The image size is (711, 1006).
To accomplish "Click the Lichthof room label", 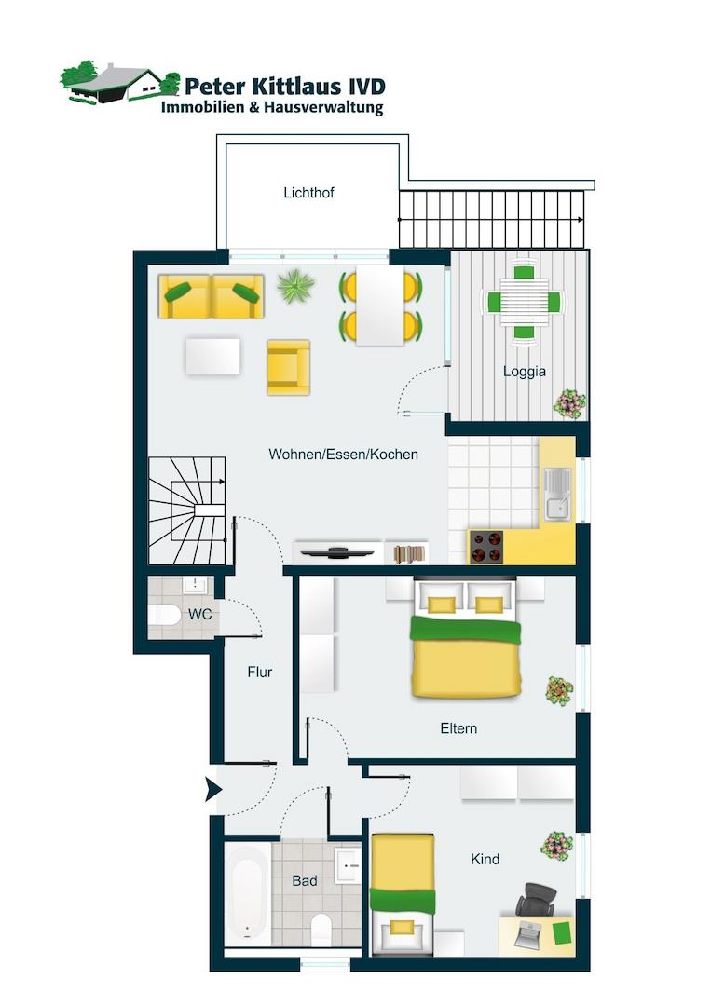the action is point(308,193).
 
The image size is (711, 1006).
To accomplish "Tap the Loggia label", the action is point(525,372).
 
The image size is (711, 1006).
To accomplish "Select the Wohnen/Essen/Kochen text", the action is point(343,455).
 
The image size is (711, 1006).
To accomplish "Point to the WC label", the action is point(199,614).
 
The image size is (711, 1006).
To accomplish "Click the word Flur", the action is point(260,672).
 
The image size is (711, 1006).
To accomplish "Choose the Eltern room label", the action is point(458,728).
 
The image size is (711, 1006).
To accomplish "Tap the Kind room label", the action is point(485,859).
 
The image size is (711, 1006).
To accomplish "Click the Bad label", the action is point(304,881).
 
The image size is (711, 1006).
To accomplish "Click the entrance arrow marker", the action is point(213,789).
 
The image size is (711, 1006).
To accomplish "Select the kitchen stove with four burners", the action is point(485,547).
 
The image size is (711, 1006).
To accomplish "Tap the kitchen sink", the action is point(557,494).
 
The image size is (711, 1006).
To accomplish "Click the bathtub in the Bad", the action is point(248,893).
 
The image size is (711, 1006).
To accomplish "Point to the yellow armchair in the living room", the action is point(289,367).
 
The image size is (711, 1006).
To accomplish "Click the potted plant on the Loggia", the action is point(570,403).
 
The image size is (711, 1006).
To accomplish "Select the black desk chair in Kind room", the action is point(537,900).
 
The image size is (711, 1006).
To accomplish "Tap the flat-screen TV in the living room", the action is point(337,551).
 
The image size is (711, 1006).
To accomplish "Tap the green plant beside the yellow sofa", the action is point(295,286).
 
